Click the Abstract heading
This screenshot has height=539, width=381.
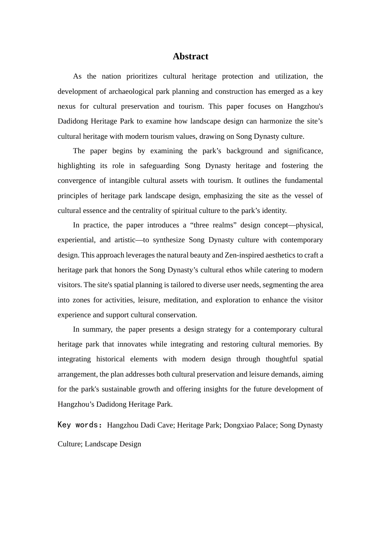click(190, 57)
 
